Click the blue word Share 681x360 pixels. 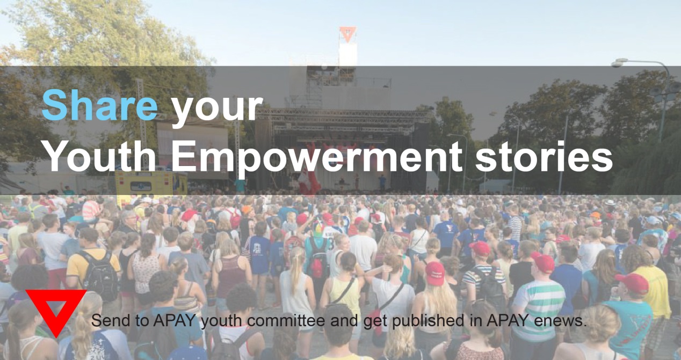click(x=100, y=105)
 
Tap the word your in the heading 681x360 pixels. click(x=217, y=109)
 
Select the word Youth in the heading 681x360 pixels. click(x=102, y=156)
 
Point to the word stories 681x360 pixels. click(x=544, y=156)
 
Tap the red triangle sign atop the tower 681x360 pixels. click(x=348, y=34)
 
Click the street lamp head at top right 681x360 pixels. click(x=619, y=63)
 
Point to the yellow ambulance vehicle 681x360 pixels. click(x=151, y=183)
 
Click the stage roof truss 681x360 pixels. click(x=344, y=119)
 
